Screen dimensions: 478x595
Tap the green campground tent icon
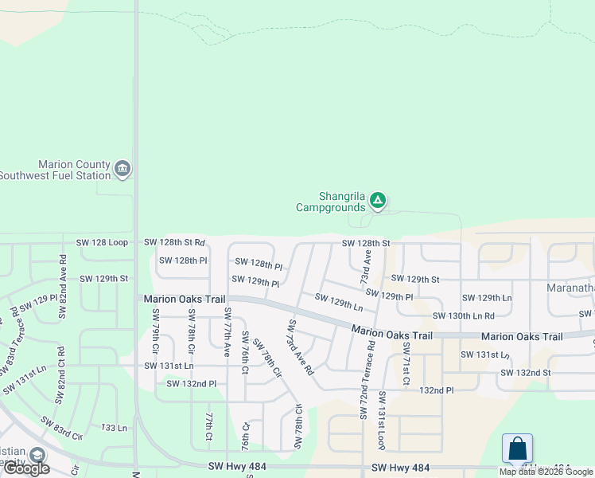coord(379,200)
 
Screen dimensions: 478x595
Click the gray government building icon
coord(122,168)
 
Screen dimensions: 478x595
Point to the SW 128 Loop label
coord(102,241)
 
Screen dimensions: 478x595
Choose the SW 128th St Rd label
coord(174,241)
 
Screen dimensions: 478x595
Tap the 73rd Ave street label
coord(365,267)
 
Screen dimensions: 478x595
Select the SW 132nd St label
coord(525,372)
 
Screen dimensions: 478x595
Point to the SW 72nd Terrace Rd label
coord(371,380)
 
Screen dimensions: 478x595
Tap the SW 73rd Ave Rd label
coord(301,347)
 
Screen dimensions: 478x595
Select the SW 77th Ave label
coord(227,331)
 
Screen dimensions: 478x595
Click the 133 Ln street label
coord(114,428)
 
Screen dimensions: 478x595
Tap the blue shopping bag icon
coord(517,448)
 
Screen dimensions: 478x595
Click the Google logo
coord(26,468)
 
